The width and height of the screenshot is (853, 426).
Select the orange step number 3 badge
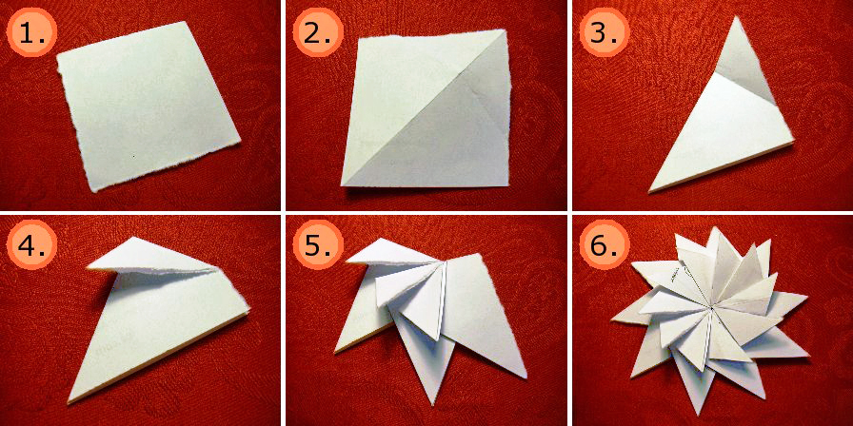coord(603,35)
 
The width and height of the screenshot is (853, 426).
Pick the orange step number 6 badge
coord(603,247)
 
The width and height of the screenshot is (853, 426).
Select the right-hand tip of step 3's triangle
coord(792,143)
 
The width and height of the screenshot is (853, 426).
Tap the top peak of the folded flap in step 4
coord(134,238)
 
